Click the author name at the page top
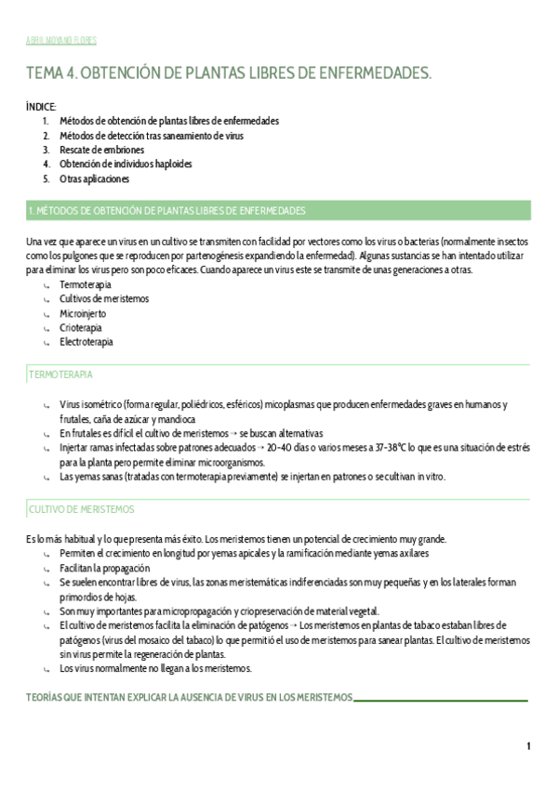click(x=61, y=41)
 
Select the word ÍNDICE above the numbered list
click(x=41, y=107)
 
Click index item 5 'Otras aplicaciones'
click(x=94, y=178)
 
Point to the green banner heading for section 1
click(x=278, y=211)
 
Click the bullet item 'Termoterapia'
click(x=85, y=283)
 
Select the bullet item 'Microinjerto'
click(x=84, y=313)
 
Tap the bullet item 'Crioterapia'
click(x=81, y=327)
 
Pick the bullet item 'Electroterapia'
click(x=86, y=342)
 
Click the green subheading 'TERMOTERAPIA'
click(x=60, y=374)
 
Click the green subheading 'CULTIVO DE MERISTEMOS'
click(x=82, y=509)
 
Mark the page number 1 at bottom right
click(x=528, y=746)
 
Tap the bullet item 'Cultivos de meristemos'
click(x=103, y=298)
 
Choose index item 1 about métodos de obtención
click(x=168, y=121)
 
